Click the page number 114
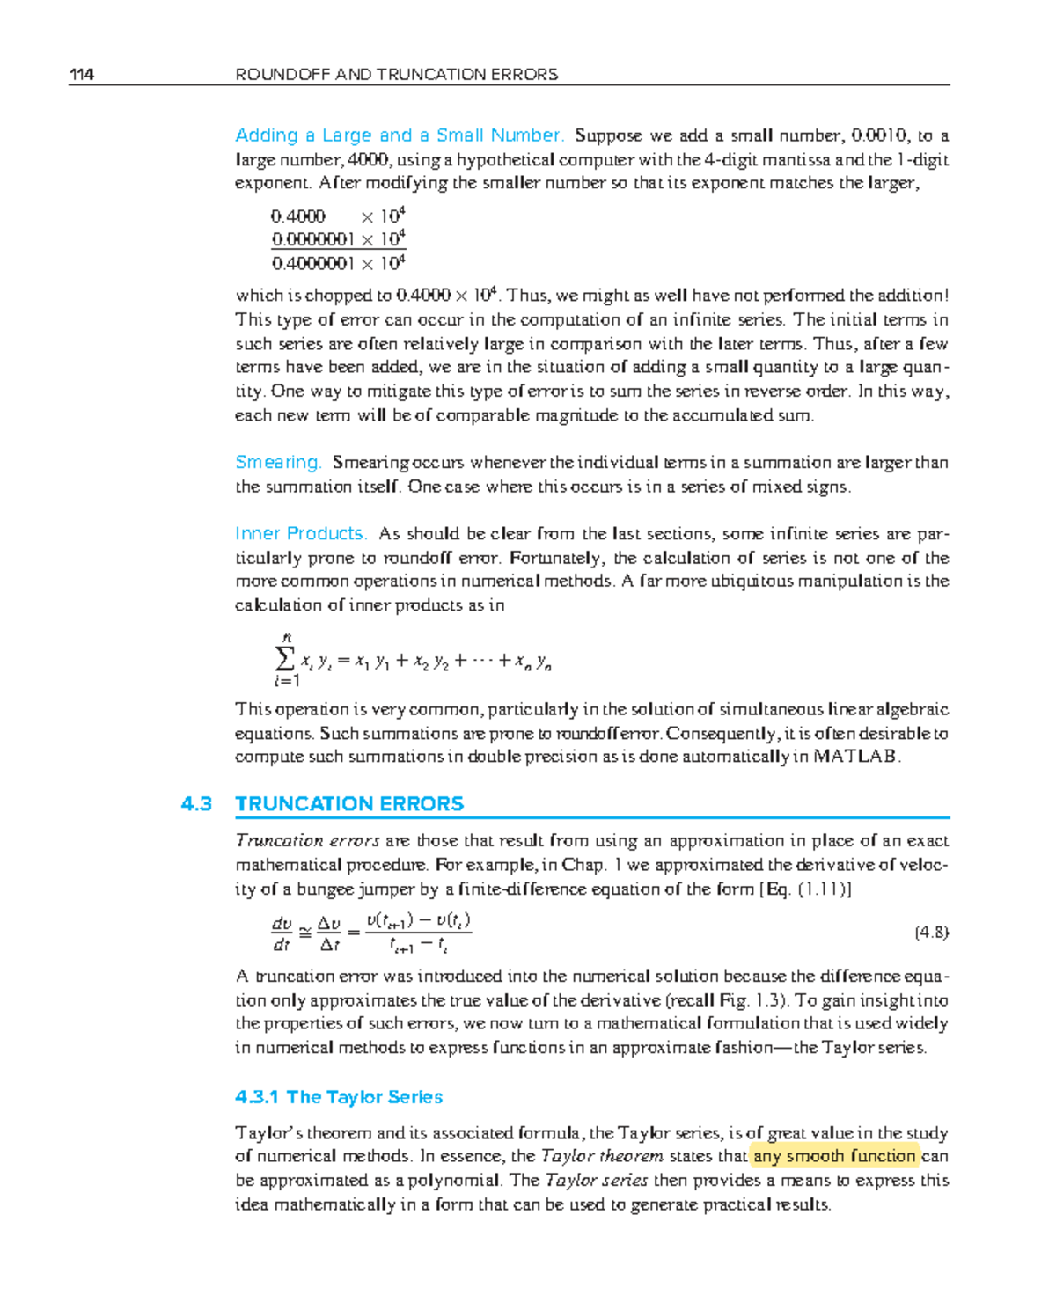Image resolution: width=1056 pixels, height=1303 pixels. [x=82, y=75]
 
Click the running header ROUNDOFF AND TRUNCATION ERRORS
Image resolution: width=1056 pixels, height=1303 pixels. [x=396, y=75]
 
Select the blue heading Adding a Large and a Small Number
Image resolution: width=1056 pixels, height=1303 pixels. [x=399, y=135]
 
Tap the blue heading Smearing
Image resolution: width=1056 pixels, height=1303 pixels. [x=278, y=462]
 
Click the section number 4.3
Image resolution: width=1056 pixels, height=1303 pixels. [x=196, y=803]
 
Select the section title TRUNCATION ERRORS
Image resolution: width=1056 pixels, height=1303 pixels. [x=349, y=803]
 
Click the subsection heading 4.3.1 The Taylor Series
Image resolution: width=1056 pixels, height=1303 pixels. [x=339, y=1097]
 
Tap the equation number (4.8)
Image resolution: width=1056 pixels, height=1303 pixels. [x=931, y=933]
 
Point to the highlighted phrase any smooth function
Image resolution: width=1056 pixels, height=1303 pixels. [x=834, y=1156]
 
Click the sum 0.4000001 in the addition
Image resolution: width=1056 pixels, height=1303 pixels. [x=312, y=263]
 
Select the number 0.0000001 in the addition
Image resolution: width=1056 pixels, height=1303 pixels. [x=312, y=239]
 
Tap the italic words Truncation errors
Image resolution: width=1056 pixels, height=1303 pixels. [x=307, y=840]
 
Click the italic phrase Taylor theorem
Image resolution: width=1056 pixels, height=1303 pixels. [x=602, y=1156]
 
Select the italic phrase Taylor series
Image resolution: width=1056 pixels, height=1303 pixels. [x=597, y=1180]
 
